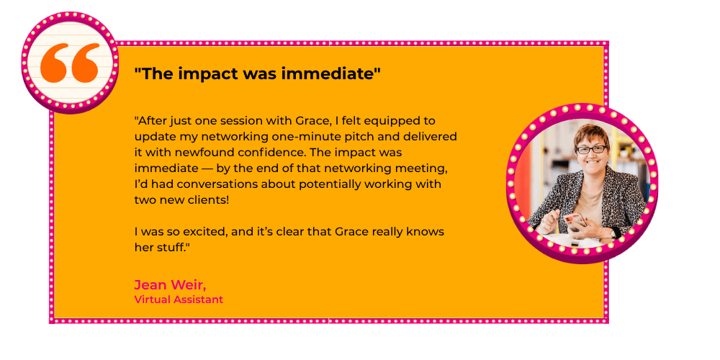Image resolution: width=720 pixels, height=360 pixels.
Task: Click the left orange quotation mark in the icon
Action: click(x=54, y=63)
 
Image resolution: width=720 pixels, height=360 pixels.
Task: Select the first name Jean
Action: click(x=150, y=285)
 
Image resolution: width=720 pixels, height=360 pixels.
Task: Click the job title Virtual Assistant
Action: click(x=179, y=300)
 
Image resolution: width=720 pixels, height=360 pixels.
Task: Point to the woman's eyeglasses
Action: click(x=591, y=150)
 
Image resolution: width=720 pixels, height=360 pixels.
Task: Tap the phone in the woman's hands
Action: click(x=574, y=221)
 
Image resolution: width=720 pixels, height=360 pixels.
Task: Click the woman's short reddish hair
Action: click(x=592, y=134)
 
